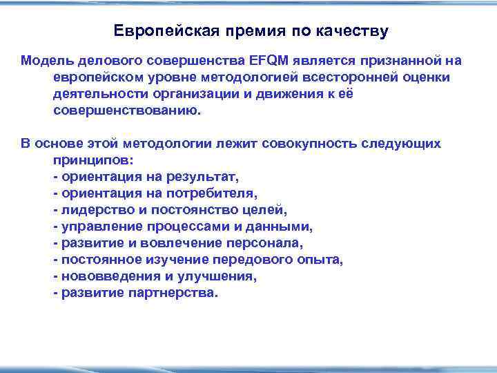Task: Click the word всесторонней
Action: click(356, 77)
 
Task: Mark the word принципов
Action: click(92, 160)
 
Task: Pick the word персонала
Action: click(264, 242)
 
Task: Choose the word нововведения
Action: click(104, 276)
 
